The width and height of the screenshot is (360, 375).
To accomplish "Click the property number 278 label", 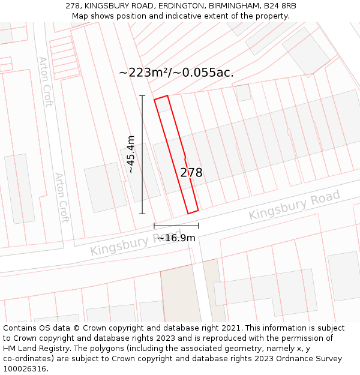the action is tap(191, 173).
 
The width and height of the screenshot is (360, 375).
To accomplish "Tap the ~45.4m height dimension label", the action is tap(131, 155).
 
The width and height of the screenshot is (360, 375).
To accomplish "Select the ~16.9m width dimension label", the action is tap(176, 238).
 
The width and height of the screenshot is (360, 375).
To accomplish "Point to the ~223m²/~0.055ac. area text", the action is tap(176, 73).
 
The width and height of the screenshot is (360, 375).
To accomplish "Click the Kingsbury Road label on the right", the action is tap(294, 205).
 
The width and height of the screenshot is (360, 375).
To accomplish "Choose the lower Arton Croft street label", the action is tap(62, 198).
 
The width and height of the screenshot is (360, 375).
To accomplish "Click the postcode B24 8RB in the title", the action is tap(280, 5).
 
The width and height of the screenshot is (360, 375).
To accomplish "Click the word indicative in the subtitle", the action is tap(171, 16).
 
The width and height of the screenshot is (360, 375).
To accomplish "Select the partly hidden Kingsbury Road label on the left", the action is tap(135, 241).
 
